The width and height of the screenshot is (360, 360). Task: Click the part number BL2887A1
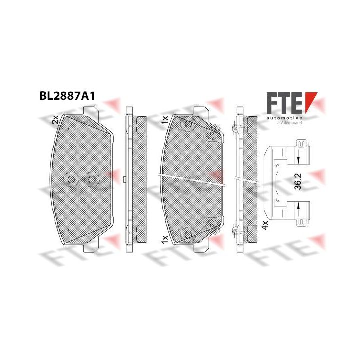[67, 96]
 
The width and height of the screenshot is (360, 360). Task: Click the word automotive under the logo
[284, 118]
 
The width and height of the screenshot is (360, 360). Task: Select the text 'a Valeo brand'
[289, 123]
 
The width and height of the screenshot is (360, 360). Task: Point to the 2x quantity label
[56, 120]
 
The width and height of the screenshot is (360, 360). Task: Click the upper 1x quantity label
[165, 120]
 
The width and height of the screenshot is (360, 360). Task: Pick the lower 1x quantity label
[165, 239]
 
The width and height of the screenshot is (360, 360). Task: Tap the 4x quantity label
[265, 225]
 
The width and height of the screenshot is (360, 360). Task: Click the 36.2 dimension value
[298, 181]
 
